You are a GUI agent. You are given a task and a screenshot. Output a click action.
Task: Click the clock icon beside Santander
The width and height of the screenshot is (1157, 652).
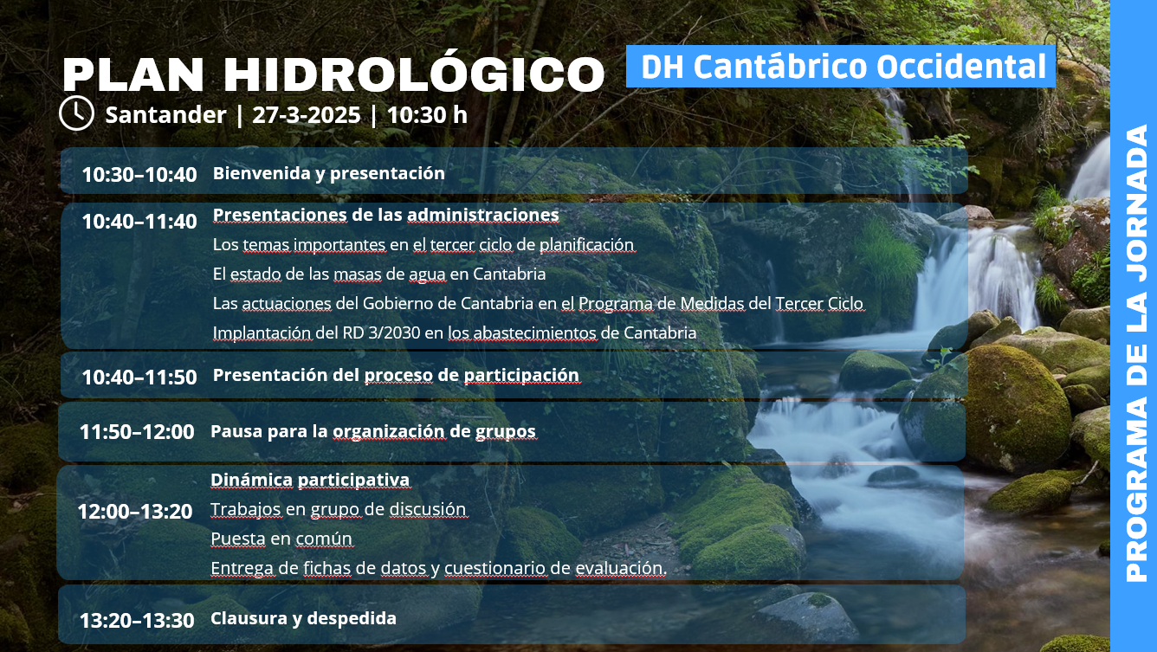pyautogui.click(x=76, y=113)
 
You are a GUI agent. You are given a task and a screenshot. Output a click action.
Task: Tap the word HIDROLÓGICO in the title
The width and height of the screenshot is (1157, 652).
pyautogui.click(x=414, y=74)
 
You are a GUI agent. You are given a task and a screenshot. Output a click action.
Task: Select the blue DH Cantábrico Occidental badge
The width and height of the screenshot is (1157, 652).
pyautogui.click(x=840, y=66)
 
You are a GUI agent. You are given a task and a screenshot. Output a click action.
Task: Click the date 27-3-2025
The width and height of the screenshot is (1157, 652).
pyautogui.click(x=307, y=114)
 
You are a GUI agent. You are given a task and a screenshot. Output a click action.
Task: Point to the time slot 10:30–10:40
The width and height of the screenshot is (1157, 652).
pyautogui.click(x=139, y=175)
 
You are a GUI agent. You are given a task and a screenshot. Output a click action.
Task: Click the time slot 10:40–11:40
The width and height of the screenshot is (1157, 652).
pyautogui.click(x=139, y=222)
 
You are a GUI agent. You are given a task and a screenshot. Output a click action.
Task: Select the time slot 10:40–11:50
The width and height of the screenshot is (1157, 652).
pyautogui.click(x=139, y=378)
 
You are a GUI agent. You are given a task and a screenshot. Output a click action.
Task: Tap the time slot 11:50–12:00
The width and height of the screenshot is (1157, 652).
pyautogui.click(x=137, y=431)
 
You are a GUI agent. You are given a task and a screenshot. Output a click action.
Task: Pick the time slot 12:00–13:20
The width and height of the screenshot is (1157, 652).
pyautogui.click(x=135, y=512)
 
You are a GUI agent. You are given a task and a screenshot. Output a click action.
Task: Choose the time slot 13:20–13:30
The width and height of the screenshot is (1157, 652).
pyautogui.click(x=137, y=620)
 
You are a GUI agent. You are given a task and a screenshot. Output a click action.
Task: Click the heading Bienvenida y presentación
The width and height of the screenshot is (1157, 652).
pyautogui.click(x=328, y=173)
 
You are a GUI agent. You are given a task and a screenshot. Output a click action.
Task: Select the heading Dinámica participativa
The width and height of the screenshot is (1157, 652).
pyautogui.click(x=310, y=480)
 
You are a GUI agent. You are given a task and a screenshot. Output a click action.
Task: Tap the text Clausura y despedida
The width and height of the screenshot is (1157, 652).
pyautogui.click(x=303, y=618)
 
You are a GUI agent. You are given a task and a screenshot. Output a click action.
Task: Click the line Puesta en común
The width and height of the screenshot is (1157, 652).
pyautogui.click(x=281, y=539)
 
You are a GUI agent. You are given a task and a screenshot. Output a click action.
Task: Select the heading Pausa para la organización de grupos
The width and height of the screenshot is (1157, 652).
pyautogui.click(x=373, y=431)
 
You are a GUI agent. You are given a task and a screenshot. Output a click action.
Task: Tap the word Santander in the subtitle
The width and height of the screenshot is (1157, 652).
pyautogui.click(x=165, y=114)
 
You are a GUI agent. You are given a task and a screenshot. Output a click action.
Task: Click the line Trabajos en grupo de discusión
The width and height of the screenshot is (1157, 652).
pyautogui.click(x=339, y=509)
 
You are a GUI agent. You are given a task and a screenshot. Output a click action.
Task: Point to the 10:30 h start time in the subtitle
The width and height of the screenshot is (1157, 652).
pyautogui.click(x=427, y=114)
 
